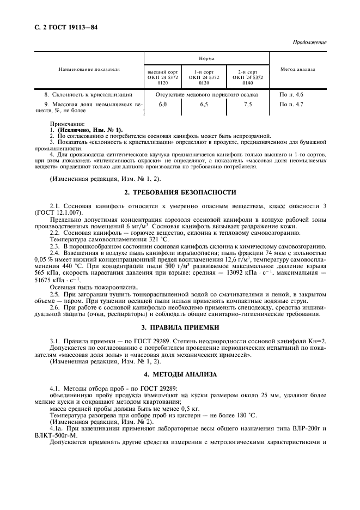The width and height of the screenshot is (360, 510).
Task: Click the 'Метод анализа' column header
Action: click(297, 70)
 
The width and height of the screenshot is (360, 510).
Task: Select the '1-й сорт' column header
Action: click(204, 71)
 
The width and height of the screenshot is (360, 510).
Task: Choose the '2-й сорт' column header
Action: click(247, 71)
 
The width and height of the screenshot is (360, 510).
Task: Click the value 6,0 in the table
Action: click(163, 104)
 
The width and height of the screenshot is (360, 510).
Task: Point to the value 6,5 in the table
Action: click(204, 104)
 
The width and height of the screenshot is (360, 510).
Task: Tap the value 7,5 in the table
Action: click(248, 104)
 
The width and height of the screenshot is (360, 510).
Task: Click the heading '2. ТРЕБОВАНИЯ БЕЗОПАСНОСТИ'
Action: click(180, 192)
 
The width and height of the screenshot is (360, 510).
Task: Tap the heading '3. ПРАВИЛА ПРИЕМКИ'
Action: click(180, 327)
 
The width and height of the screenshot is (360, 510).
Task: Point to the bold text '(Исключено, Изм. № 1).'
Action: click(90, 130)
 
